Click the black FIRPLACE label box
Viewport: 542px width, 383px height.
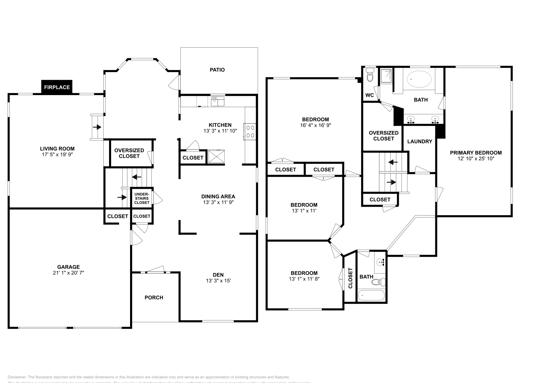(57, 87)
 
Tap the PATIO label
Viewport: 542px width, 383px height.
(217, 70)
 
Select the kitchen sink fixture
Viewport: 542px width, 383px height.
(217, 101)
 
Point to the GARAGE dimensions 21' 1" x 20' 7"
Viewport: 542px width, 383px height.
(68, 272)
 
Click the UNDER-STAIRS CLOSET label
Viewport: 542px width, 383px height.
(142, 198)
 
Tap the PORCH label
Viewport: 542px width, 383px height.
(154, 297)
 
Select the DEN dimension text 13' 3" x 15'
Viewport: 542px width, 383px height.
(218, 280)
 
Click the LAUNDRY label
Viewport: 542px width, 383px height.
(419, 141)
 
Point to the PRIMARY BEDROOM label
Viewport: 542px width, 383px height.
(476, 153)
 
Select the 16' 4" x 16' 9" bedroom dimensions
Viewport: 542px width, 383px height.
(315, 125)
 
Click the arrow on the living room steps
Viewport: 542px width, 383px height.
(98, 127)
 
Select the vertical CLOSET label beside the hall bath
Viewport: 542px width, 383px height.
(350, 278)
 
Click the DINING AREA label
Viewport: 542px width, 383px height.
(218, 196)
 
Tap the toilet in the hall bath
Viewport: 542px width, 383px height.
(381, 281)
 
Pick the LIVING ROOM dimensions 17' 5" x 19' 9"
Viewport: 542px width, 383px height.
(57, 154)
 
